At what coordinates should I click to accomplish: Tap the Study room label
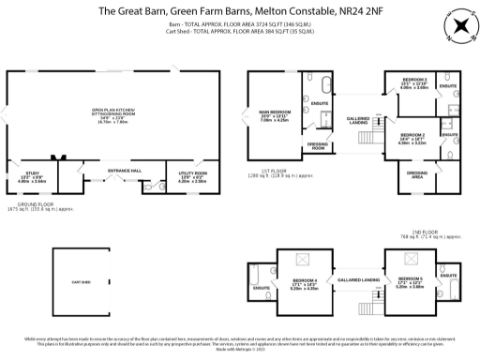(x=33, y=175)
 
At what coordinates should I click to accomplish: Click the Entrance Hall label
(x=124, y=170)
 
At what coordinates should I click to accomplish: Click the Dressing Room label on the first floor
(x=318, y=145)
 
